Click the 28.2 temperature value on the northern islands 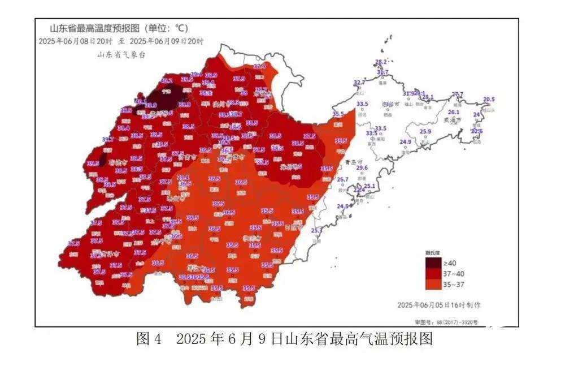(381, 62)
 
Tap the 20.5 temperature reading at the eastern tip (489, 100)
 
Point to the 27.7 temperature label (457, 94)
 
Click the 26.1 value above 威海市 (453, 112)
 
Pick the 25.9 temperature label (425, 132)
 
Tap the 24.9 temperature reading (406, 142)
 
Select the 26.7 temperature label (342, 180)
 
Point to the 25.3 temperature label (316, 230)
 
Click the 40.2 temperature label (167, 81)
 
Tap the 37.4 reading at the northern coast (259, 67)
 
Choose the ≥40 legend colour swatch (433, 262)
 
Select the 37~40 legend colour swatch (433, 273)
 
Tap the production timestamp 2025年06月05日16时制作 (438, 304)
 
